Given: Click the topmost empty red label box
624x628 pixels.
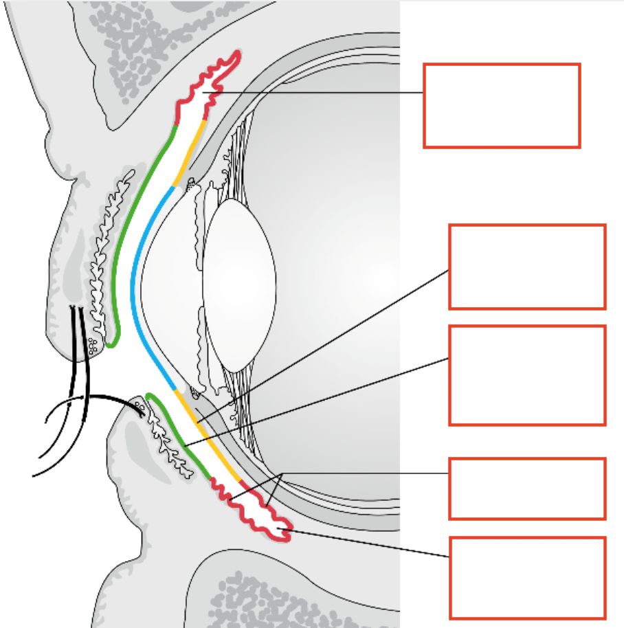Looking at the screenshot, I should tap(502, 105).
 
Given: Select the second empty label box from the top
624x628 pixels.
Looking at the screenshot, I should tap(527, 267).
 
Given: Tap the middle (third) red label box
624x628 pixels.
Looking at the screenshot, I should tap(527, 375).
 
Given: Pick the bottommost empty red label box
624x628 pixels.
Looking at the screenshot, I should tap(527, 578).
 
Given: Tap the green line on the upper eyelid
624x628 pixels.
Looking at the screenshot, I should tap(131, 220).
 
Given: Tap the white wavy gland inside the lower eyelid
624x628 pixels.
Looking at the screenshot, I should tap(165, 440).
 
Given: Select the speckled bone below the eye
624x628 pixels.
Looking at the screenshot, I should tap(275, 598).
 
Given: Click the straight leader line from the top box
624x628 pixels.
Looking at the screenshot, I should tap(316, 93).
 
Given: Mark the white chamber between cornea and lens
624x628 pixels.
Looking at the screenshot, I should tap(172, 275).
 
